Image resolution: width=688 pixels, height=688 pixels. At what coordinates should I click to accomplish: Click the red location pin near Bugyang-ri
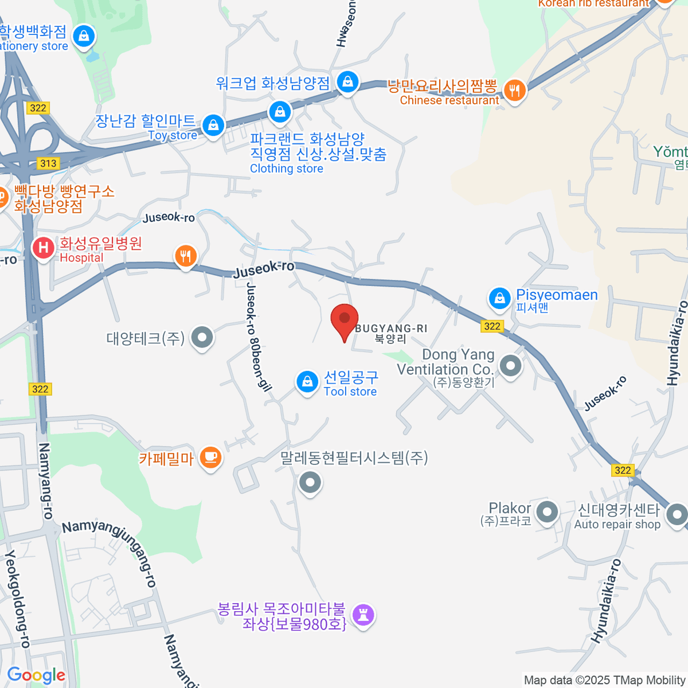click(345, 319)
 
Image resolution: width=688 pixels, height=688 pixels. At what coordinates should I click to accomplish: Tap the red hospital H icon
click(43, 248)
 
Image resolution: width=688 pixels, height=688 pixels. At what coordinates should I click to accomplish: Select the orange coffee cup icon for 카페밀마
click(211, 458)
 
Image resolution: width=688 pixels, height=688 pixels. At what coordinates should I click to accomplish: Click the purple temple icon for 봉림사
click(363, 615)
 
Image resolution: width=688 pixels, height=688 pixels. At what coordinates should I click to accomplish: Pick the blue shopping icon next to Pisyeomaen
click(500, 299)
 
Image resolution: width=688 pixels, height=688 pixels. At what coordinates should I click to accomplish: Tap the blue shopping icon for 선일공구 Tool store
click(307, 382)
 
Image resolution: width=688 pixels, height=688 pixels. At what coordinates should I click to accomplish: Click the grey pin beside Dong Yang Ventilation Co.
click(510, 365)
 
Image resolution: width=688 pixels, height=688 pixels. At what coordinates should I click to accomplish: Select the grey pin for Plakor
click(548, 512)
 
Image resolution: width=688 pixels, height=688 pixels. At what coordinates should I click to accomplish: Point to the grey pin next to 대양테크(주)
click(202, 338)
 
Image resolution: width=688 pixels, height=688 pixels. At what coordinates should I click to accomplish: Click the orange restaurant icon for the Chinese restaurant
click(515, 91)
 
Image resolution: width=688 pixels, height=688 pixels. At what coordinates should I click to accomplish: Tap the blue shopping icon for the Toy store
click(213, 125)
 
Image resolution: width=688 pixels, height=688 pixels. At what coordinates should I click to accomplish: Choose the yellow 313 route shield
click(49, 163)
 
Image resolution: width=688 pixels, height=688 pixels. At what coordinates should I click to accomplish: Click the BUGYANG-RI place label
click(391, 329)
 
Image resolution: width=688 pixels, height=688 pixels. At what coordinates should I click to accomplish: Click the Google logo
click(36, 675)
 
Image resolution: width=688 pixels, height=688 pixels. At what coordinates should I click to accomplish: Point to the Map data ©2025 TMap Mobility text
click(605, 681)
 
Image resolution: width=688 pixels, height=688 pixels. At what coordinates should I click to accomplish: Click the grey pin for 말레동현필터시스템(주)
click(310, 482)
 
